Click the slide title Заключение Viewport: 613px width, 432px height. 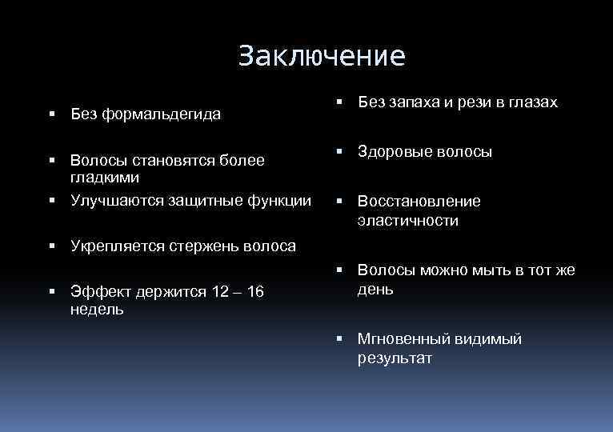pos(322,56)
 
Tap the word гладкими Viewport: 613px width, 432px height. pos(105,176)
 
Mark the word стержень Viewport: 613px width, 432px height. pos(206,246)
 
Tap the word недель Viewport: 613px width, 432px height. pos(97,310)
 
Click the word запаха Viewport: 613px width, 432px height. pos(414,102)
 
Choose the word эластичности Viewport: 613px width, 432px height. pos(408,221)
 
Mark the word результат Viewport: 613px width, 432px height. pos(395,358)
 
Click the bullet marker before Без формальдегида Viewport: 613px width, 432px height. pos(51,114)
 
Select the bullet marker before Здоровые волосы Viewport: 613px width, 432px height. pos(339,151)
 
